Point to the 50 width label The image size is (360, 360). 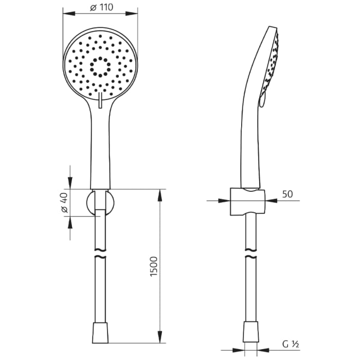coord(287,194)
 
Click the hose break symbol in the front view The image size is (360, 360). coord(100,256)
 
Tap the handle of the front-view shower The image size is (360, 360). coord(100,149)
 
